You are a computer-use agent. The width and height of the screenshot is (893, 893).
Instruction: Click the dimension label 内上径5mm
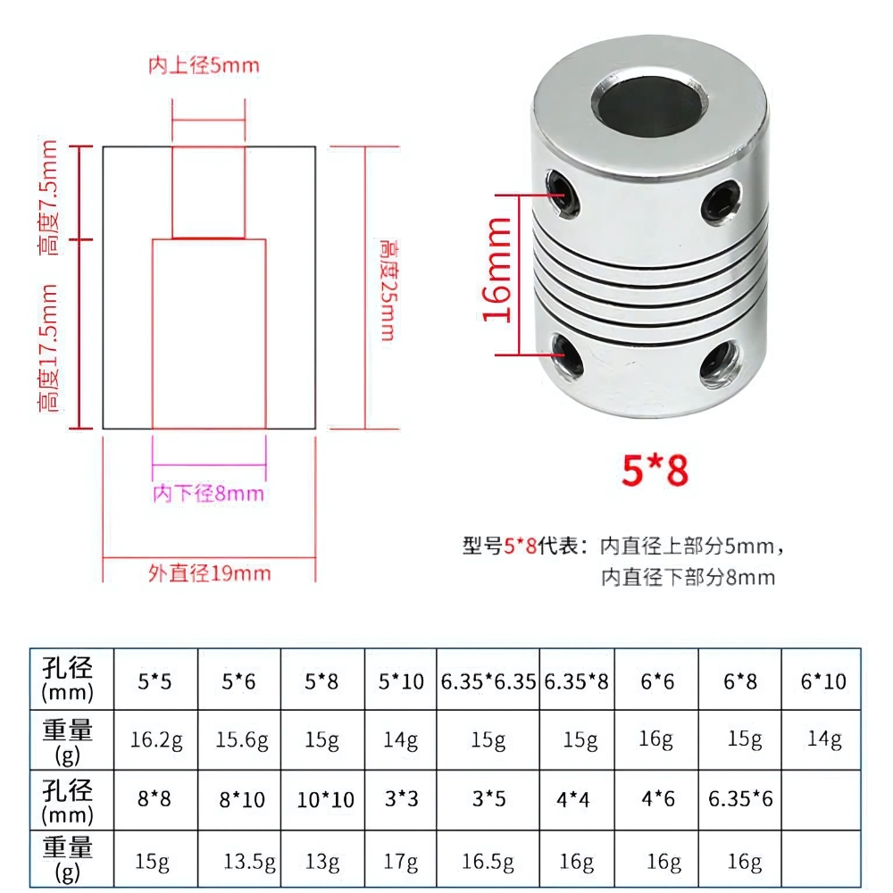(204, 65)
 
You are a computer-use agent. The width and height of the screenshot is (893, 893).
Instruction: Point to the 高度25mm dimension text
(388, 288)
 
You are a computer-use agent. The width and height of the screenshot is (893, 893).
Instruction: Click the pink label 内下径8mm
(208, 493)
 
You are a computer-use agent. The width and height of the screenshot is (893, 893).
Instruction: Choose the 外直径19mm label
(209, 572)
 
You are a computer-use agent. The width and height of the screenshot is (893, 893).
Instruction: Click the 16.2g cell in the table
(156, 740)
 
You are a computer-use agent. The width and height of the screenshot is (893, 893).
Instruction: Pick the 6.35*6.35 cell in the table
(488, 682)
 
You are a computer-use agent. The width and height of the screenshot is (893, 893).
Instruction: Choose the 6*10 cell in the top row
(822, 682)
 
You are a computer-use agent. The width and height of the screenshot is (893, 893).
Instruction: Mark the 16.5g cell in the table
(488, 862)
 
